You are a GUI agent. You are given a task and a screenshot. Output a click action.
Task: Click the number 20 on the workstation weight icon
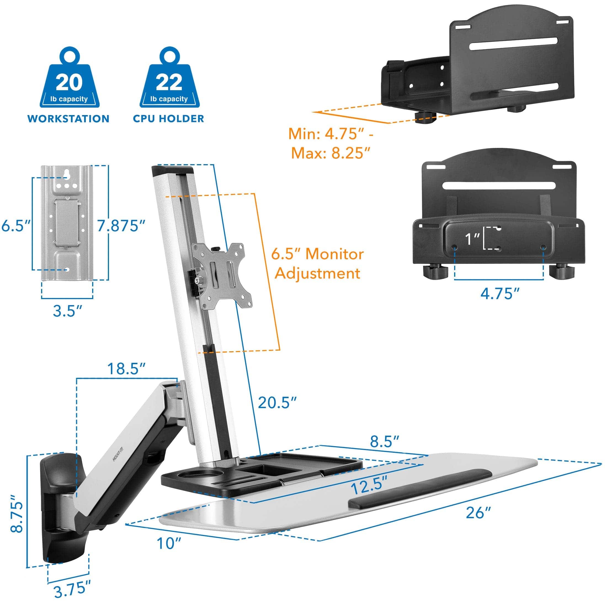pos(70,82)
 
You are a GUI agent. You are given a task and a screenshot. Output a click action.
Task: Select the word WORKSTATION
pos(68,119)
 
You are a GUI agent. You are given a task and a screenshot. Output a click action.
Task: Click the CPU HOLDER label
pos(168,119)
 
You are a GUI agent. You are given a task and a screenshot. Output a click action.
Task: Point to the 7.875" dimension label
pos(121,226)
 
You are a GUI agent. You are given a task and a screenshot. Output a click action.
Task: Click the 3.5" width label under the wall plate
pos(67,311)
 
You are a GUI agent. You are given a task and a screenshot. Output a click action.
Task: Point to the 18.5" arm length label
pos(126,369)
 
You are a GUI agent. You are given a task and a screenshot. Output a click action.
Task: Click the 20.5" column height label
pos(277,403)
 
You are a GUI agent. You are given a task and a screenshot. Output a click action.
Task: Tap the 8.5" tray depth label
pos(384,441)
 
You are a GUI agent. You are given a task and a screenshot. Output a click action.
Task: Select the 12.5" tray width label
pos(369,487)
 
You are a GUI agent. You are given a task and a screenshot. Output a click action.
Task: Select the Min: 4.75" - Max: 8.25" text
pos(331,143)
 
